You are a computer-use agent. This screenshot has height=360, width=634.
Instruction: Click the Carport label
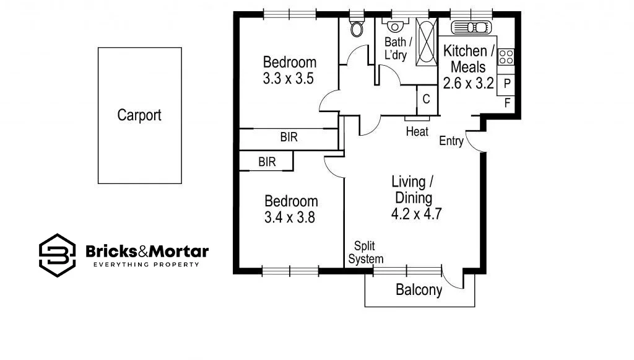(x=139, y=115)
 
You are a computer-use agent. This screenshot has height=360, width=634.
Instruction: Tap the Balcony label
(x=419, y=290)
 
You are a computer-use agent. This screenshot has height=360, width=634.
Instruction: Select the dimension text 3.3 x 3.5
(x=289, y=79)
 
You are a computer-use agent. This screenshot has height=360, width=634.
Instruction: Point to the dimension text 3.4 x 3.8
(x=290, y=217)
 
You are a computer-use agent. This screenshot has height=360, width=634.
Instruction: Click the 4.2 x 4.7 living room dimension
(x=415, y=214)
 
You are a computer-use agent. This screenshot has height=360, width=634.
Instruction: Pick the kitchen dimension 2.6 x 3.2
(x=469, y=82)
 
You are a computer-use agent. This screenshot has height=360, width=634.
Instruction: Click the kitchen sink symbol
(x=471, y=27)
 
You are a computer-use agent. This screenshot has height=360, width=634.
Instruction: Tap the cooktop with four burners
(x=506, y=57)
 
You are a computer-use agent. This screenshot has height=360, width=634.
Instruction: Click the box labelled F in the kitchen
(x=506, y=103)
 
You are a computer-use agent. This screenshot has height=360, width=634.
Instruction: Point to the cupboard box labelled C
(x=427, y=99)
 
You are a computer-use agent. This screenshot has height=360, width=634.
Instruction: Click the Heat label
(x=417, y=131)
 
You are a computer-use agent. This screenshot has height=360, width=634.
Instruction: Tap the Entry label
(x=451, y=141)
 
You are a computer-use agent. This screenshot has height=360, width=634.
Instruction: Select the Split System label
(x=365, y=253)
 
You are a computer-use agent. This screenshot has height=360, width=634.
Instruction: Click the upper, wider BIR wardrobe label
(x=289, y=138)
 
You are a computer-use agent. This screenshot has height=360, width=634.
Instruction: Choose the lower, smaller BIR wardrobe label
(x=267, y=162)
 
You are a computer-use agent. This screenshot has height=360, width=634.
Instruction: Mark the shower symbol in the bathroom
(x=425, y=42)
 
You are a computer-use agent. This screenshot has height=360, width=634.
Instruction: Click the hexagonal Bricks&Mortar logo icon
(x=57, y=255)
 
